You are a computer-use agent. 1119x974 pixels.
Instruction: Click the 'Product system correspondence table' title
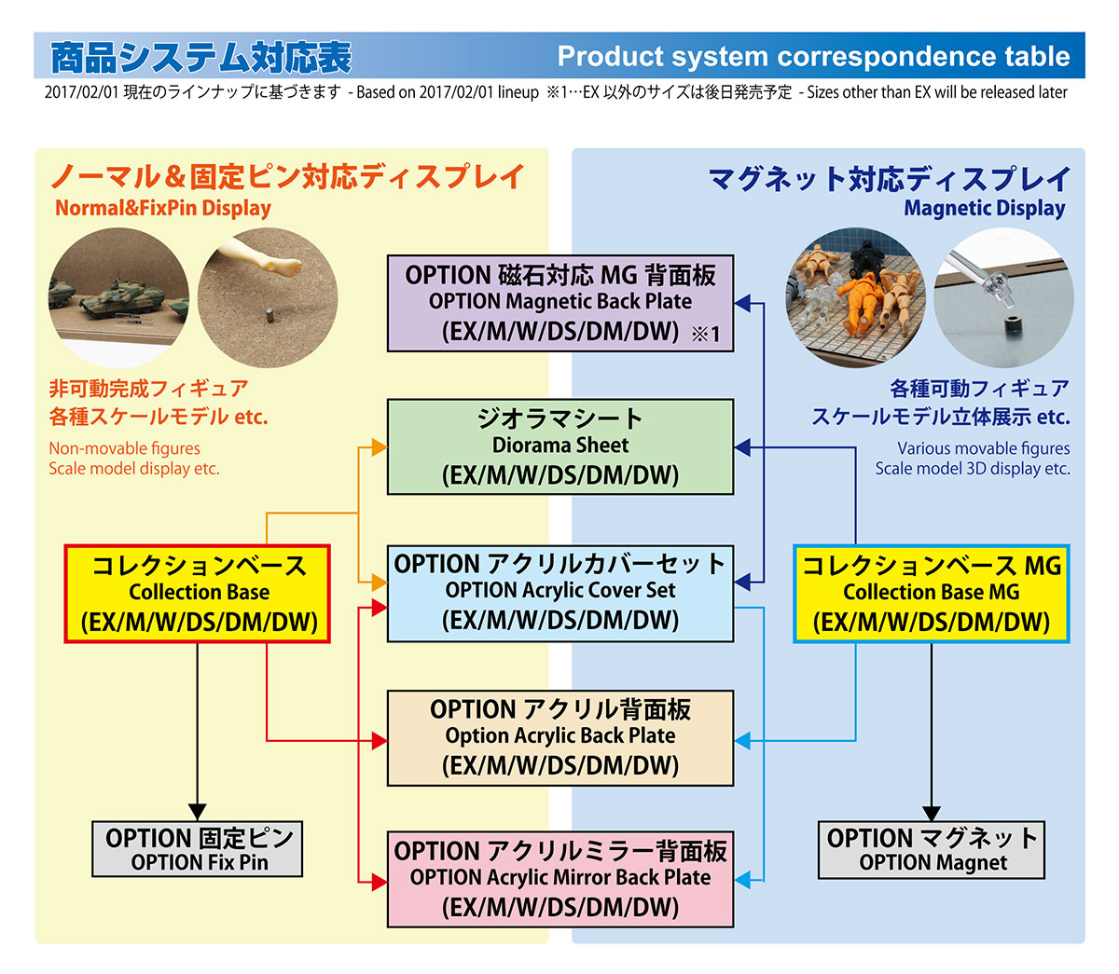tap(813, 57)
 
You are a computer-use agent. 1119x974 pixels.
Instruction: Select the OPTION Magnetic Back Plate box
tap(560, 303)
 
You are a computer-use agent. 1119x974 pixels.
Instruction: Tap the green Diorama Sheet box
tap(560, 446)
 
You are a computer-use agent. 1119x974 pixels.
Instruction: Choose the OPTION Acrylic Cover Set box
tap(560, 593)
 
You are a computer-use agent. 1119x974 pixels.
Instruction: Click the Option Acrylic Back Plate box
tap(560, 737)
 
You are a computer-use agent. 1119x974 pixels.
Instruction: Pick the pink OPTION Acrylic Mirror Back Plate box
tap(560, 879)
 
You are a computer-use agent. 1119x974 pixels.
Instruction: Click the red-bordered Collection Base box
tap(199, 594)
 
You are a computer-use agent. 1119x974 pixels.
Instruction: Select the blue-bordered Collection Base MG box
tap(931, 594)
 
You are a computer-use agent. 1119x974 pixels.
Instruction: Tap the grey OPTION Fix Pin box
tap(198, 849)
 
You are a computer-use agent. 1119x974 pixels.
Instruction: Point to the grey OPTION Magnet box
tap(932, 849)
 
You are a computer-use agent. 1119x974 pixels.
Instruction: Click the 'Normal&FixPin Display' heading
tap(163, 208)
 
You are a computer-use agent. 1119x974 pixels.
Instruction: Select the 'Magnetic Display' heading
tap(984, 208)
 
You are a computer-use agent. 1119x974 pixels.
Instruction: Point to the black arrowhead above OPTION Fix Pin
tap(198, 812)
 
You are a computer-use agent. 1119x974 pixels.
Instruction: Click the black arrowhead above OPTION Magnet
tap(932, 812)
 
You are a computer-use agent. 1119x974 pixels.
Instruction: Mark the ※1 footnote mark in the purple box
tap(706, 335)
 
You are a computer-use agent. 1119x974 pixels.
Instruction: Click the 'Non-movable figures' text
tap(124, 448)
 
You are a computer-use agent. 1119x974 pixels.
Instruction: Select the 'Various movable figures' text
tap(983, 448)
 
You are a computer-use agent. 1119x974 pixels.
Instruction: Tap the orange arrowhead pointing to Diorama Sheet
tap(379, 446)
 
